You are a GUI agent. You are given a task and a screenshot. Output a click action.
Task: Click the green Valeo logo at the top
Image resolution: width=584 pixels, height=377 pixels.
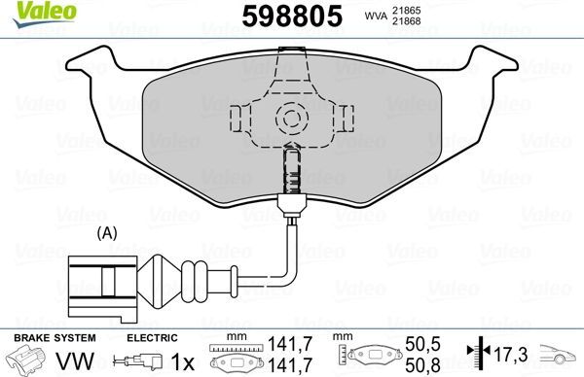coord(45,14)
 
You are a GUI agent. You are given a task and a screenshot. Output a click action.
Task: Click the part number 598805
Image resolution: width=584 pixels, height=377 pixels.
coord(292,16)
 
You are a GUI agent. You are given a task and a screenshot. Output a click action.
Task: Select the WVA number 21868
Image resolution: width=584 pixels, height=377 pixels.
coord(406,21)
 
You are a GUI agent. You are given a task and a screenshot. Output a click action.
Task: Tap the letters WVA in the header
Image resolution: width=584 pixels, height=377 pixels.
coord(376,16)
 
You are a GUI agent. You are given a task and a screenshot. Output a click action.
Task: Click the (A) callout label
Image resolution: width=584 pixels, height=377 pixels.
coord(107,233)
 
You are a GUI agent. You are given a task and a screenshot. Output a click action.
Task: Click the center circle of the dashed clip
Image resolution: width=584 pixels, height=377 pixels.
coord(292,119)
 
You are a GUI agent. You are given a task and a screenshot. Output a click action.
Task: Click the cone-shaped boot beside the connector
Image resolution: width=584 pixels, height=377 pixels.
coord(159,282)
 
